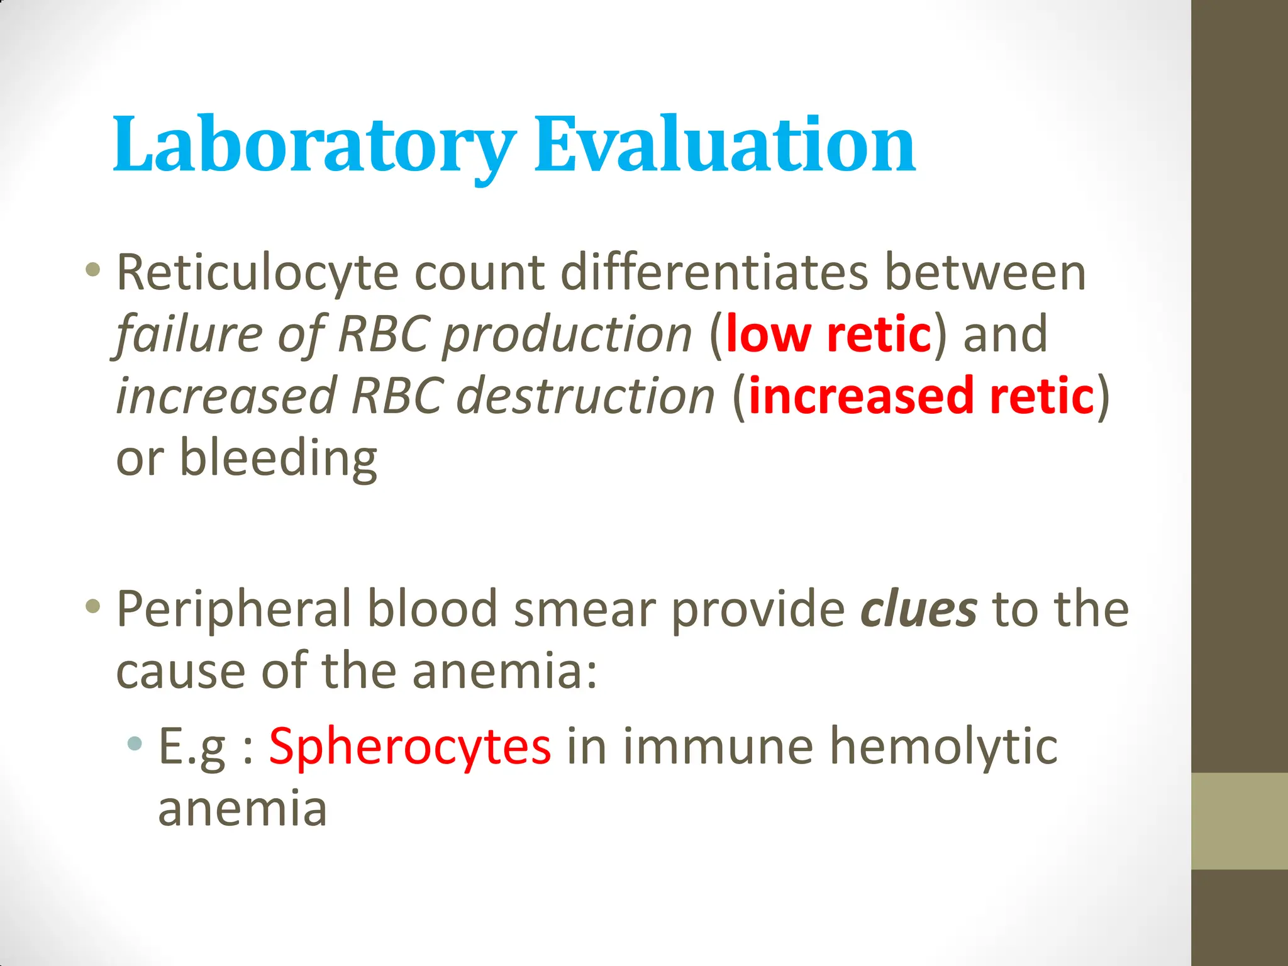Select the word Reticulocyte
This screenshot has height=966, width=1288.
coord(258,274)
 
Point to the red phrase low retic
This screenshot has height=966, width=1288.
coord(828,334)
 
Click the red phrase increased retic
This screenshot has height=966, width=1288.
coord(921,396)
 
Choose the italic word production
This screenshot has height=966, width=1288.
coord(566,335)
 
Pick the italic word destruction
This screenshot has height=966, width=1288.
coord(585,397)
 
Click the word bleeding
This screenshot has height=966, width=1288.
coord(278,458)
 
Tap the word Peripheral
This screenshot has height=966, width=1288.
coord(234,609)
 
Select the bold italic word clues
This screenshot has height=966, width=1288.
coord(919,609)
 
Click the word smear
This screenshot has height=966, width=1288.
coord(585,609)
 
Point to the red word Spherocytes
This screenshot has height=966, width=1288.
coord(410,747)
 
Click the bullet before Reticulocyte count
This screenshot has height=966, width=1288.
coord(93,270)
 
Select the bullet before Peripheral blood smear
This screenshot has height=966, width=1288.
coord(93,606)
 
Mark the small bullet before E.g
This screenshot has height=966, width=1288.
coord(134,744)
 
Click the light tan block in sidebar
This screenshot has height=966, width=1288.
coord(1239,821)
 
